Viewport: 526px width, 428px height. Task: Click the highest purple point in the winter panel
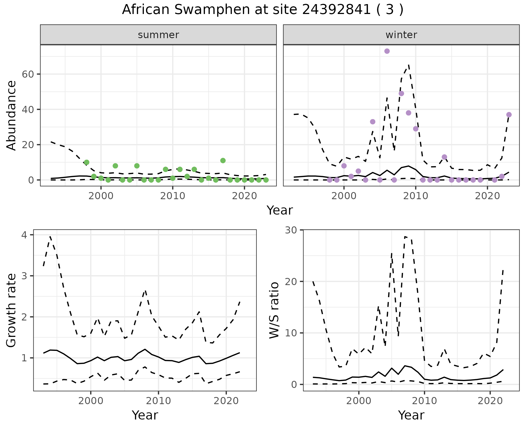pos(387,51)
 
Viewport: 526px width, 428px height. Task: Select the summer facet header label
pos(158,35)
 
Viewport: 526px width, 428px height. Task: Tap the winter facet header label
pos(401,35)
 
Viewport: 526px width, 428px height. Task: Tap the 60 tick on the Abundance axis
pos(27,74)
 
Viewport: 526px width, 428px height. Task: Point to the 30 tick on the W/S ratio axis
pos(291,230)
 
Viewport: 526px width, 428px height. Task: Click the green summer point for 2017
pos(223,161)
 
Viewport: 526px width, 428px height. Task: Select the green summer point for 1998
pos(87,162)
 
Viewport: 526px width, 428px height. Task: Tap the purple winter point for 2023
pos(509,115)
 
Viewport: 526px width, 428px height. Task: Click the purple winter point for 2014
pos(444,157)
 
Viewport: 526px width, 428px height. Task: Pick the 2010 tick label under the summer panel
pos(173,196)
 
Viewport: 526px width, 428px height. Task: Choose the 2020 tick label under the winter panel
pos(487,196)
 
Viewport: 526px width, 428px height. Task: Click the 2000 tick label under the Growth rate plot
pos(91,401)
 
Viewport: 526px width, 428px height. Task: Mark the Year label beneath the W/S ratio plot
pos(411,415)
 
